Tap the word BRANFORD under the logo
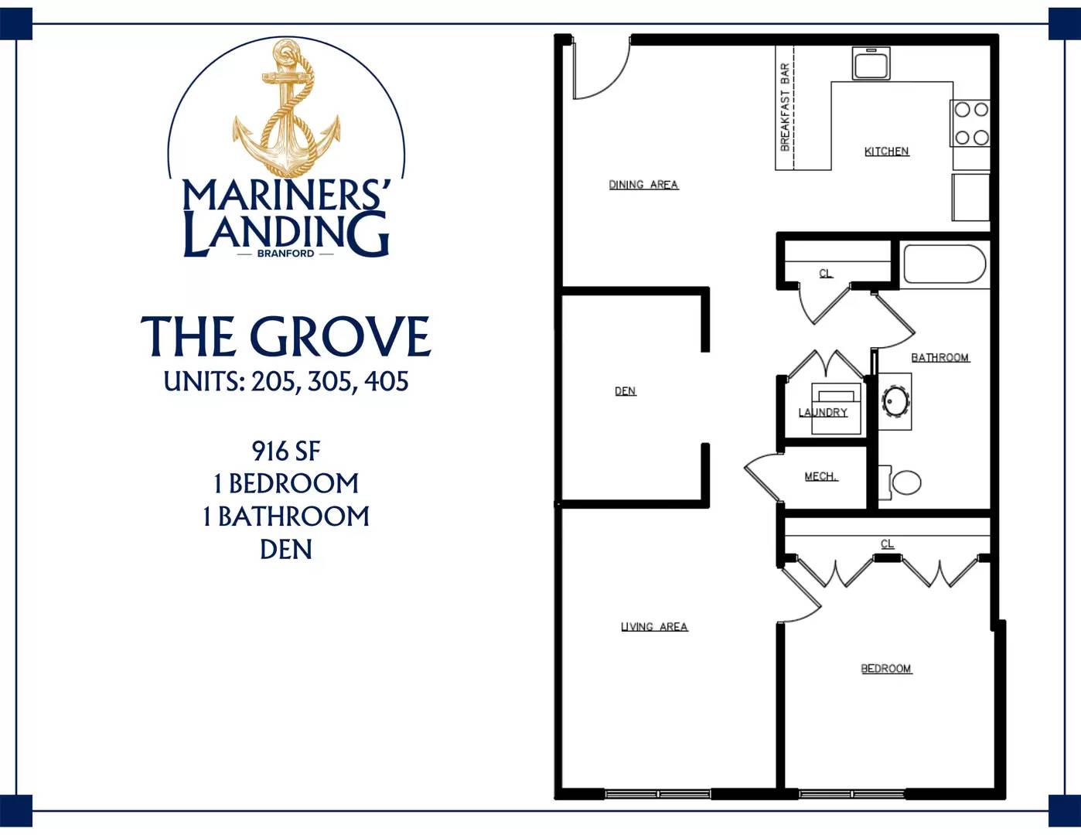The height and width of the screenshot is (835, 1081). (285, 253)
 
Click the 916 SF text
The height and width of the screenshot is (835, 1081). (286, 451)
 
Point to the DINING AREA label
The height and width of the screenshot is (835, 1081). (643, 185)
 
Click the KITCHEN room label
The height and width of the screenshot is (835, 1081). (886, 152)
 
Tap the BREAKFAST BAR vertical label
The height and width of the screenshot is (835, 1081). (785, 107)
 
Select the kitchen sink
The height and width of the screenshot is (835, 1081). (871, 63)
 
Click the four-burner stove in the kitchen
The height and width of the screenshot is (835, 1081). (970, 124)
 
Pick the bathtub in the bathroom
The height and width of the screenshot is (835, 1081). (944, 264)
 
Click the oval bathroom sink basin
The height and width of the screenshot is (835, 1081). (895, 400)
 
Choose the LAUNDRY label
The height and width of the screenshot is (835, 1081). (823, 412)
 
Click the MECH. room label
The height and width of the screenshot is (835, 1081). (821, 476)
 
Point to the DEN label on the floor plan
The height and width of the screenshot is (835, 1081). (626, 391)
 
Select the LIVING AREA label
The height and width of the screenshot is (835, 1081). (654, 626)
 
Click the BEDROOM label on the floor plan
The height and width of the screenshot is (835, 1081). (886, 669)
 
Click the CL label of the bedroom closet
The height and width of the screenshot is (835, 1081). (887, 544)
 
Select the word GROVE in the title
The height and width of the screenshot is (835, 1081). (343, 336)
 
